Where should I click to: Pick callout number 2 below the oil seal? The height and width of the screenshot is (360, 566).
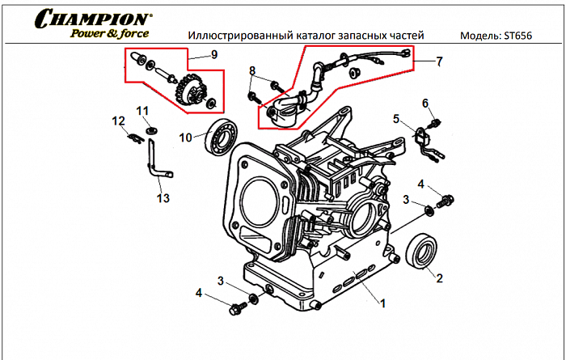pos(439,279)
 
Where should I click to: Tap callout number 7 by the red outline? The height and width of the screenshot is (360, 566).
pos(439,61)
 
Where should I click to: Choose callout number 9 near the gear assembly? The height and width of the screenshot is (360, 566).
pos(213,55)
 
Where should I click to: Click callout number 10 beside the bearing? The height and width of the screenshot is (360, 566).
pos(186,138)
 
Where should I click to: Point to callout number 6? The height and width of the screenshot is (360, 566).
pos(424,102)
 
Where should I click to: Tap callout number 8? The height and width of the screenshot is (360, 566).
pos(251,70)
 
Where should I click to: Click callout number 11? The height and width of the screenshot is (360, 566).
pos(142,110)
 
